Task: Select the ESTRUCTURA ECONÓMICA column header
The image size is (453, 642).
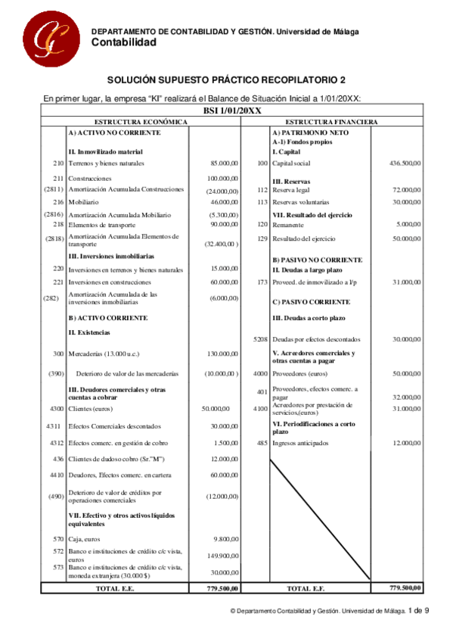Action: pos(140,122)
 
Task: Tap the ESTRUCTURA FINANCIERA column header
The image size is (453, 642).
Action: pos(331,122)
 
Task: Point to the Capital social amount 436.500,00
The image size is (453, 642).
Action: pos(405,164)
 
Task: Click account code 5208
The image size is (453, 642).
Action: pos(260,340)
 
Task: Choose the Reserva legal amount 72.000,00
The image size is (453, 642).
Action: pos(406,191)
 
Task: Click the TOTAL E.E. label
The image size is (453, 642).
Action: pos(116,588)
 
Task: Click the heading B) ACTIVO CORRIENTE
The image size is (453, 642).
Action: pos(107,318)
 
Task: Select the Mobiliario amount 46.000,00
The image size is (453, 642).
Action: pos(225,203)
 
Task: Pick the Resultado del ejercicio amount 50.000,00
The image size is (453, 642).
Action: pos(406,239)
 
